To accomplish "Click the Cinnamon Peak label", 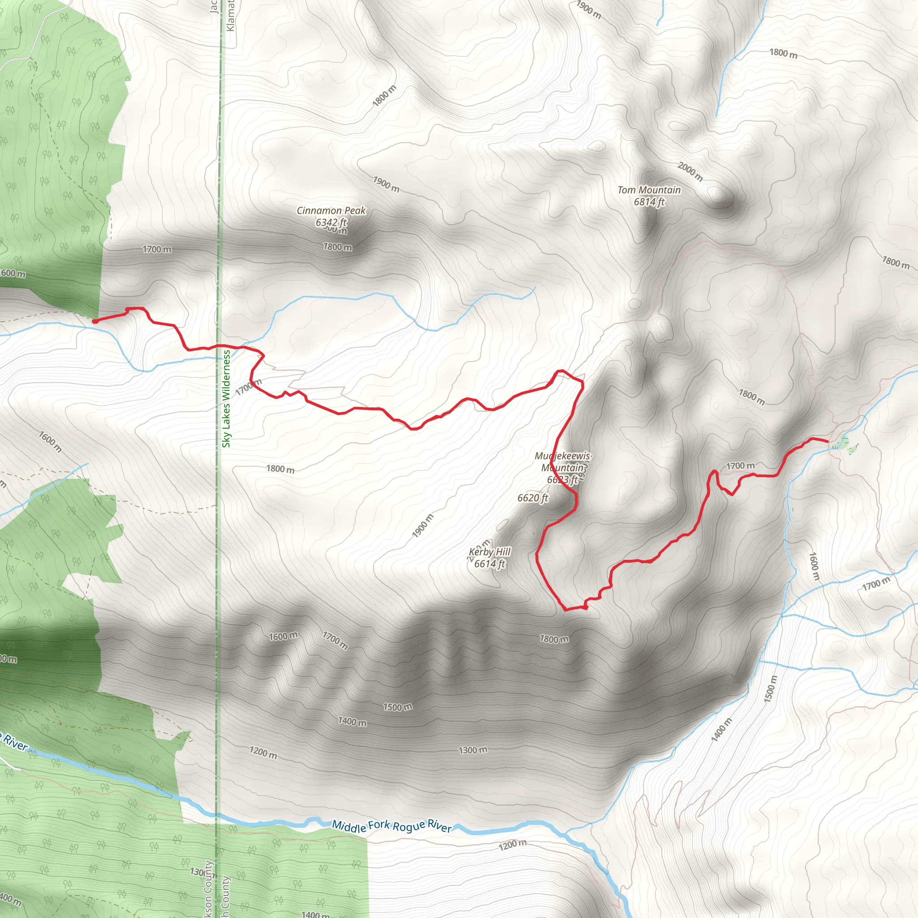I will (x=331, y=211).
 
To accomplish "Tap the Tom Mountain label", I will (x=649, y=190).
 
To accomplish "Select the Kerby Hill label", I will (x=489, y=552).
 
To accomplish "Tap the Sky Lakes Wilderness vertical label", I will (x=226, y=398).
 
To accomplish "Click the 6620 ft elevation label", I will (x=533, y=498).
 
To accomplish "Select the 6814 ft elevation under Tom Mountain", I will (x=649, y=202).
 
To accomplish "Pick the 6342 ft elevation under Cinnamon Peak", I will (x=331, y=222).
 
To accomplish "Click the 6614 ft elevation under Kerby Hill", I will (x=489, y=563).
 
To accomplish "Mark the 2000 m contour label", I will (x=690, y=172).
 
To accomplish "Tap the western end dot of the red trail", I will (x=95, y=322).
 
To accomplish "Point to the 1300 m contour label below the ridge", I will (x=472, y=750).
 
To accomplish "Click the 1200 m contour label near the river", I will (x=512, y=845).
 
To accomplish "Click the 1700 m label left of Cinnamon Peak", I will (x=157, y=250).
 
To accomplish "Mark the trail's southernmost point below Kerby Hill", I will (x=565, y=609).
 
